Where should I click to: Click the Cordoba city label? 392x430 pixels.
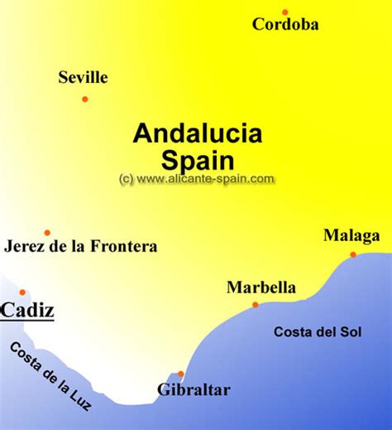click(x=285, y=25)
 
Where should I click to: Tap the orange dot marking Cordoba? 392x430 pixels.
click(x=285, y=12)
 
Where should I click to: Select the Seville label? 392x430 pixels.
click(x=83, y=78)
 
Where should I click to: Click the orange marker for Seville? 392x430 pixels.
click(x=84, y=99)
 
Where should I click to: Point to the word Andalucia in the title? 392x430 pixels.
click(x=198, y=133)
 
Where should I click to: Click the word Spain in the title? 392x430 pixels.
click(x=198, y=159)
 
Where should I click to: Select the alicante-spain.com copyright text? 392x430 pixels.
click(x=197, y=178)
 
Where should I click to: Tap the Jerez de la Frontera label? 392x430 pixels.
click(x=80, y=246)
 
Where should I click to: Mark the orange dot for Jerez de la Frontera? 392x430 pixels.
click(x=47, y=233)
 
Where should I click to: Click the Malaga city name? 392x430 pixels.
click(x=351, y=236)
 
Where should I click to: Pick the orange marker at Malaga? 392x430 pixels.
click(x=353, y=254)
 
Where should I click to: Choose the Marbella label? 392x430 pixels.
click(x=261, y=288)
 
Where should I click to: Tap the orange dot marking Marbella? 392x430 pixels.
click(x=255, y=305)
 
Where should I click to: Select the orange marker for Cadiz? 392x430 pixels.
click(x=22, y=292)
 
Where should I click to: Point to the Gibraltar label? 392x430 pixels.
click(x=194, y=389)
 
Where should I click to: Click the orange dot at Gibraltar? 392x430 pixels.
click(x=180, y=374)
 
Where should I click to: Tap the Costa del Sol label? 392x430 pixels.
click(x=318, y=332)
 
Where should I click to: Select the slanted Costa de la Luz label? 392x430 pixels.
click(x=50, y=376)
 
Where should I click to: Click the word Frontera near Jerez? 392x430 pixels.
click(x=125, y=246)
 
